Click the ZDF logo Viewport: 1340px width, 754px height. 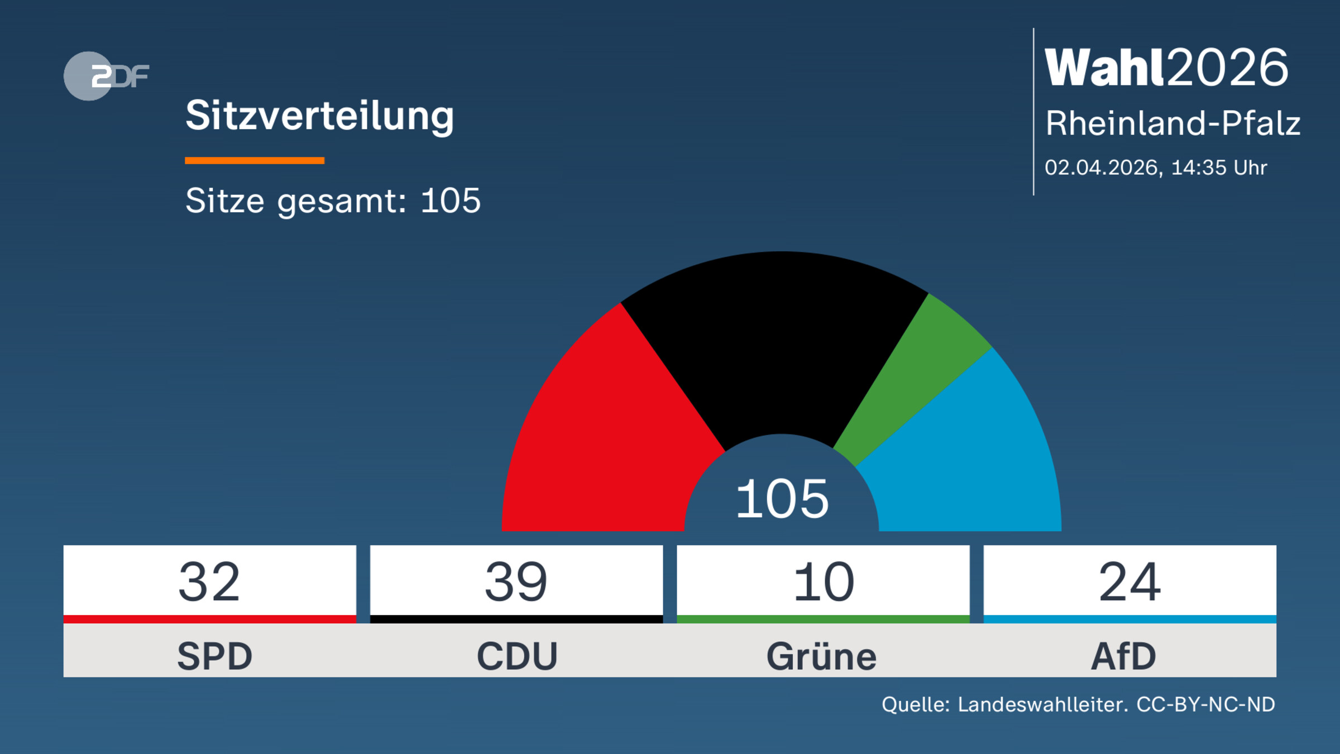[x=106, y=76]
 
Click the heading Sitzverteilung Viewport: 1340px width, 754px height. [x=319, y=116]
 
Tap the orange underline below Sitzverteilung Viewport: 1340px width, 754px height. [x=255, y=161]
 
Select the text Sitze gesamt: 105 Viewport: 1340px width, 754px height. [x=333, y=201]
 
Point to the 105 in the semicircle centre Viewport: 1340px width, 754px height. [x=782, y=499]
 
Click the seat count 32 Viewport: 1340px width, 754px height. [x=209, y=581]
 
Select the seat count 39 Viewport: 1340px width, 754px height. [x=516, y=581]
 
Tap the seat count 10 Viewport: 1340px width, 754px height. [x=823, y=581]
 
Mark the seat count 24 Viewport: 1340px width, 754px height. [x=1130, y=581]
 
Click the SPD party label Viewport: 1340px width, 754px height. [x=214, y=656]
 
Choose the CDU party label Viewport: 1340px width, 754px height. [x=517, y=656]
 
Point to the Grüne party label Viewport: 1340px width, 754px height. [x=821, y=656]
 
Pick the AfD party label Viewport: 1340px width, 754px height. [x=1123, y=656]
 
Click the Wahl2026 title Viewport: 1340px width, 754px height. [x=1166, y=68]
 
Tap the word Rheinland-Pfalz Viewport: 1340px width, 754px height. [x=1172, y=123]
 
